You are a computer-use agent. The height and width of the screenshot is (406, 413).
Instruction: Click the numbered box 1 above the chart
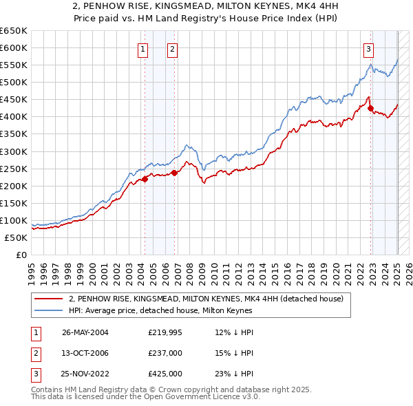tap(142, 48)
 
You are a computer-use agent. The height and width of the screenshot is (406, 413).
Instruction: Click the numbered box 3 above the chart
tap(369, 48)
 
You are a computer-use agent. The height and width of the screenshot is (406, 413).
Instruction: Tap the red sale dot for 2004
tap(145, 179)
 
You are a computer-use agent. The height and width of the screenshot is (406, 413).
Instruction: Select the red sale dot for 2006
tap(174, 173)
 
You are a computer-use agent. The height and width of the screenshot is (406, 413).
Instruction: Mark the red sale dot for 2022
tap(370, 108)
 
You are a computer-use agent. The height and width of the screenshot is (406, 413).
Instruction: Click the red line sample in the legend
tap(49, 299)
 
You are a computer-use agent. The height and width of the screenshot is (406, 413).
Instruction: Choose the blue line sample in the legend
tap(49, 310)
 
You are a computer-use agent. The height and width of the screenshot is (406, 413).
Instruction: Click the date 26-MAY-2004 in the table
tap(85, 333)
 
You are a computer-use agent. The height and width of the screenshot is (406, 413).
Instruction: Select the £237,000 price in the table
tap(165, 353)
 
